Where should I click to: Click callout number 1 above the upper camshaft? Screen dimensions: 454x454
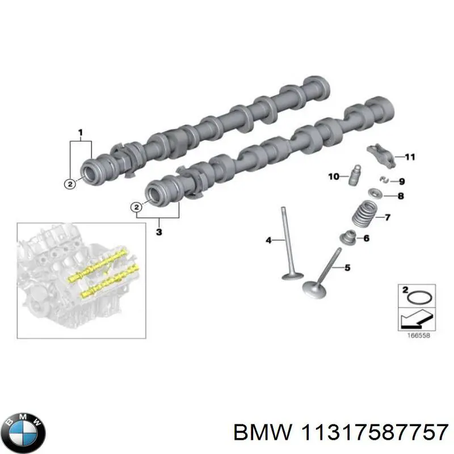(81, 133)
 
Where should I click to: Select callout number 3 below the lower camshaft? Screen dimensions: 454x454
(159, 232)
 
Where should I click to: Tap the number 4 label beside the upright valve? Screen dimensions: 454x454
(269, 241)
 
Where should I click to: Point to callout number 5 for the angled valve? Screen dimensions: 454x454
(348, 267)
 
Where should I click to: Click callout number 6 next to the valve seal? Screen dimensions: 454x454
(365, 239)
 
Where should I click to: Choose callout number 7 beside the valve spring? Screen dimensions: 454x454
(388, 217)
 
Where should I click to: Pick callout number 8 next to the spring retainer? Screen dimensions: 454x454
(400, 197)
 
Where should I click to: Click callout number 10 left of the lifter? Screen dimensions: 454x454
(334, 177)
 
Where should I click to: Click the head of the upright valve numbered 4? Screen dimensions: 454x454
(293, 276)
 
